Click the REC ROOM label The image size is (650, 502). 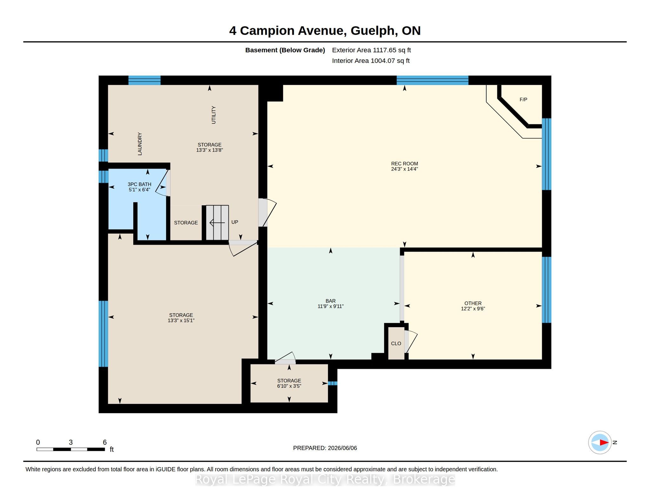coord(404,164)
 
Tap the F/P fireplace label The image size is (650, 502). coord(523,100)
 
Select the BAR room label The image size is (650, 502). coord(330,301)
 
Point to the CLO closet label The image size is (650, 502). coord(396,343)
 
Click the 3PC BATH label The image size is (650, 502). coord(139,184)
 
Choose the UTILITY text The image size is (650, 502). coord(214,115)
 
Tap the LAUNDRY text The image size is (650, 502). coord(140,144)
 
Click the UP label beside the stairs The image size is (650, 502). coord(235,222)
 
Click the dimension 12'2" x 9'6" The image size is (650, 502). coord(473,308)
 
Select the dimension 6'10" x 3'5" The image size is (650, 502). coord(289,386)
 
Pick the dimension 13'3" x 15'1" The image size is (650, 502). coord(181,320)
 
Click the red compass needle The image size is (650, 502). coord(604,442)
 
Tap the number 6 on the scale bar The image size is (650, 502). coord(105,442)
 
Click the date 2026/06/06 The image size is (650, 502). coord(342,448)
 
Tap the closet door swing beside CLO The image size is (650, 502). coord(411,342)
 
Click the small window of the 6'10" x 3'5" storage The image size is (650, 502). coord(333,383)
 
